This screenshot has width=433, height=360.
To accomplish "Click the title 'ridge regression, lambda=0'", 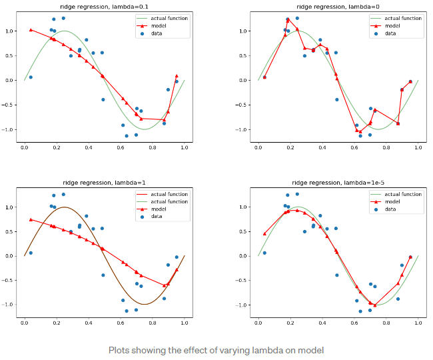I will (x=338, y=5).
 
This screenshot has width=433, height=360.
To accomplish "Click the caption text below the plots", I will (x=217, y=350).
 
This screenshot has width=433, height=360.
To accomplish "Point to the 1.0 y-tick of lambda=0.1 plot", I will (x=10, y=31).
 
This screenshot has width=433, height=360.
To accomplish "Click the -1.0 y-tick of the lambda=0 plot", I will (x=242, y=129).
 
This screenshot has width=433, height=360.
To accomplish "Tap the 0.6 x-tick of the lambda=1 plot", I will (x=121, y=323).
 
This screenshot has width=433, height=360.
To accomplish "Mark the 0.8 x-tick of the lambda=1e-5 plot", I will (x=386, y=323).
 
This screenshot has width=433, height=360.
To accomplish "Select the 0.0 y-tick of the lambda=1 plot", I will (x=10, y=256).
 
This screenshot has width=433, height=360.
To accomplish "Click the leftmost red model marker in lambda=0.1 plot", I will (x=31, y=30).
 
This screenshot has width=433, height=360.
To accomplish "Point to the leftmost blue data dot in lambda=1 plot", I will (x=31, y=253).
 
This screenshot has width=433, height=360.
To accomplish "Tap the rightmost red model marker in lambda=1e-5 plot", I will (x=410, y=257).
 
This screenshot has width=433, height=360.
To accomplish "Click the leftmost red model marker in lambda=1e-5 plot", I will (x=264, y=234).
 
